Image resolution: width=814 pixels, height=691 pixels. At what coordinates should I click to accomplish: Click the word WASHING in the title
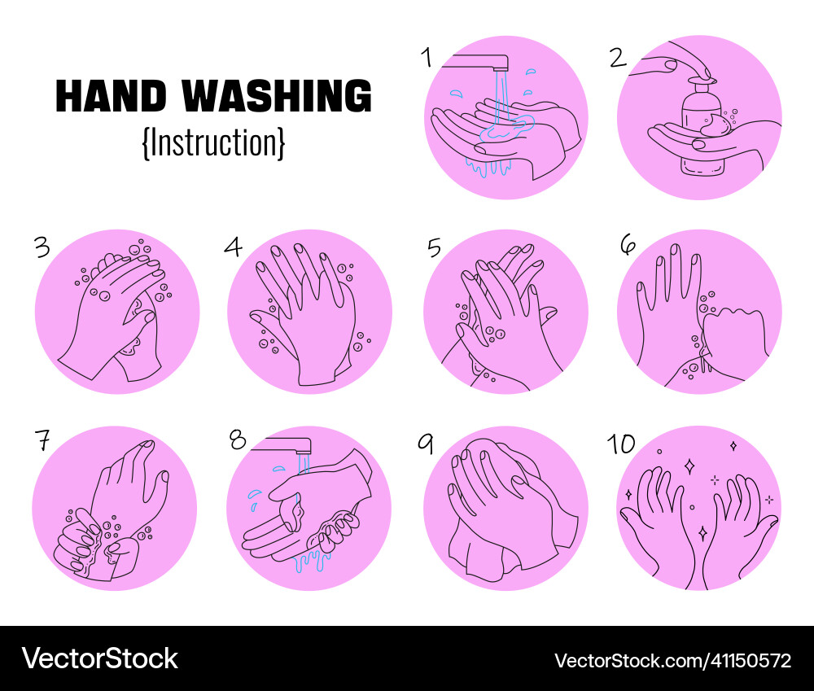point(277,97)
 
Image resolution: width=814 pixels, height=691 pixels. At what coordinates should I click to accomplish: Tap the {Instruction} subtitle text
point(213,142)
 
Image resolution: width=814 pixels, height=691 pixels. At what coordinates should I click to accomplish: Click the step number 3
point(42,247)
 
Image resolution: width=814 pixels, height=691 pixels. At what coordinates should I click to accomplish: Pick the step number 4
point(234,247)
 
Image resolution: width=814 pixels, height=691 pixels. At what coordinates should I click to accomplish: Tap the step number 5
point(434,247)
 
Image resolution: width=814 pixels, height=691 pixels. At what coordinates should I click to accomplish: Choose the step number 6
point(627,246)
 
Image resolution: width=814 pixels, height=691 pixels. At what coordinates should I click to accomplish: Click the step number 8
point(237,440)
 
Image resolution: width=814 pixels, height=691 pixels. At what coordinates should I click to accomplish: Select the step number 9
point(425,443)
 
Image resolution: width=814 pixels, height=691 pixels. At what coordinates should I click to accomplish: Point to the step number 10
point(621,444)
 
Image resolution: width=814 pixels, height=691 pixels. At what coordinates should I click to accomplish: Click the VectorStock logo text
point(99,658)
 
